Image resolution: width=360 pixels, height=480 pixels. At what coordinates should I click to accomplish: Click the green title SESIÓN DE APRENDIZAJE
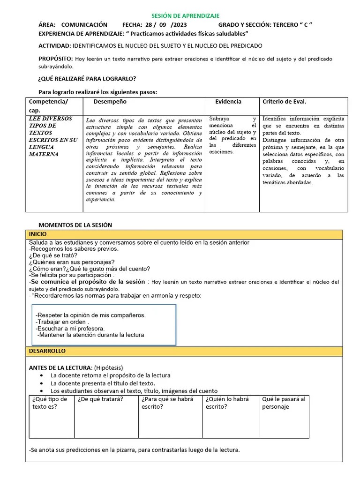(x=185, y=16)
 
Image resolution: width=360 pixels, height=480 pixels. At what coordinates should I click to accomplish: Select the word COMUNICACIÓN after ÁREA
(x=84, y=25)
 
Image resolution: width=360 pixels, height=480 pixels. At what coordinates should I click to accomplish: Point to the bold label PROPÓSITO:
(x=55, y=59)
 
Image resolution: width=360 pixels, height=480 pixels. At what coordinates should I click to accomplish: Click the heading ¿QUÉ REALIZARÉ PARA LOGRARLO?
(x=87, y=79)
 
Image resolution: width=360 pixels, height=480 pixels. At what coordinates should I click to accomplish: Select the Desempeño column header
(x=110, y=102)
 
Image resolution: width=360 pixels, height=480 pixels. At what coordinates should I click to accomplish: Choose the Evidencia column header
(x=228, y=102)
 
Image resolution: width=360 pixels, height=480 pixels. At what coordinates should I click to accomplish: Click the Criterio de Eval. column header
(x=284, y=102)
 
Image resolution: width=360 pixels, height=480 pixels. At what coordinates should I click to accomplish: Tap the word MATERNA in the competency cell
(x=44, y=154)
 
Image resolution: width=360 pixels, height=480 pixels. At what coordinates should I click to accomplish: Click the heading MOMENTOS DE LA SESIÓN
(x=75, y=225)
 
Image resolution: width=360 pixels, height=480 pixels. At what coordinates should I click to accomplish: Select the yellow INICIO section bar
(x=184, y=234)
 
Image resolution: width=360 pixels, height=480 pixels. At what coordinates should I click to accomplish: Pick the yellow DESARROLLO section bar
(x=184, y=351)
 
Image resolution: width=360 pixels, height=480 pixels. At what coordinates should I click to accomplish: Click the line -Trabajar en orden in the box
(x=62, y=322)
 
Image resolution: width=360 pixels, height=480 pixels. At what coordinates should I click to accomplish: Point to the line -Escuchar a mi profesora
(x=70, y=329)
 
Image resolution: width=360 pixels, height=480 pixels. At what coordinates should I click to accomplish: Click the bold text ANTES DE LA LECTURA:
(x=60, y=367)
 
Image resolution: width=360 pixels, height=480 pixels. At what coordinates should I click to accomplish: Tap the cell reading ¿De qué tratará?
(x=100, y=399)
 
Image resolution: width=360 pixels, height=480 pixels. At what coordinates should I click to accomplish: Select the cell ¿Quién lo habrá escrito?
(x=227, y=403)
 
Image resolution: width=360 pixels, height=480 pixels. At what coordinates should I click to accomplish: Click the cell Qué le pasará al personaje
(x=284, y=403)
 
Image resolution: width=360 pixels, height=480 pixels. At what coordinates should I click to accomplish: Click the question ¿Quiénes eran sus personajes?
(x=72, y=262)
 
